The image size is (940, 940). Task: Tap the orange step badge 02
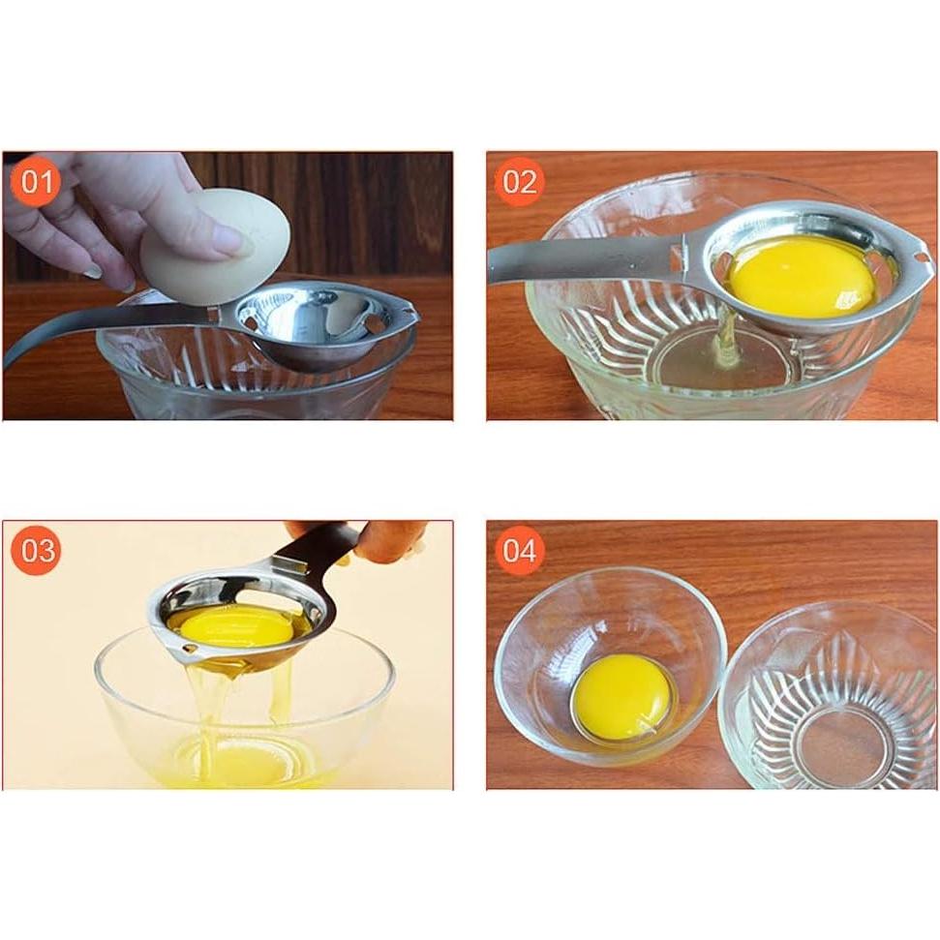[520, 182]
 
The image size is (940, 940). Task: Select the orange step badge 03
[37, 551]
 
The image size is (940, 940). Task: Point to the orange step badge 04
[520, 551]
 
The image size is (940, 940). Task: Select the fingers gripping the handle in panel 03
[391, 540]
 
